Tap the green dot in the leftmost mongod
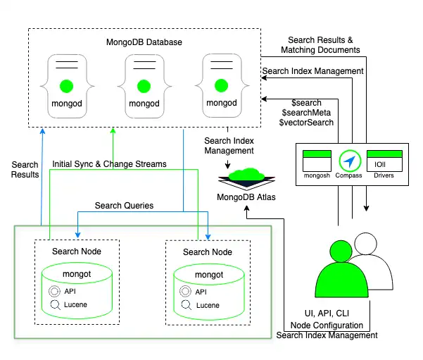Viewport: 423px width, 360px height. [x=66, y=87]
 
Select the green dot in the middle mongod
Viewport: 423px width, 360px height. [x=144, y=87]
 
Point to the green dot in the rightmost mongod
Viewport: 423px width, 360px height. [x=223, y=87]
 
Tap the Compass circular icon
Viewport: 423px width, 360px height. [x=349, y=159]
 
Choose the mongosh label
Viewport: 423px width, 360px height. [x=316, y=175]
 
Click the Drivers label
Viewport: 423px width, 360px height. [x=384, y=175]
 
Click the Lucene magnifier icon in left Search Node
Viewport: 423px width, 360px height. [x=54, y=305]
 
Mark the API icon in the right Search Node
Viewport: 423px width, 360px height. [x=186, y=292]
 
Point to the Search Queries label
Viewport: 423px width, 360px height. [x=125, y=206]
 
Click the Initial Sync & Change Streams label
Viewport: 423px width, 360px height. [x=110, y=164]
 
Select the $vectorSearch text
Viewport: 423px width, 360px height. [x=306, y=123]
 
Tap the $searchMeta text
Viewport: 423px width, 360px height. [x=307, y=113]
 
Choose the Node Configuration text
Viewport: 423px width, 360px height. [x=327, y=325]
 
